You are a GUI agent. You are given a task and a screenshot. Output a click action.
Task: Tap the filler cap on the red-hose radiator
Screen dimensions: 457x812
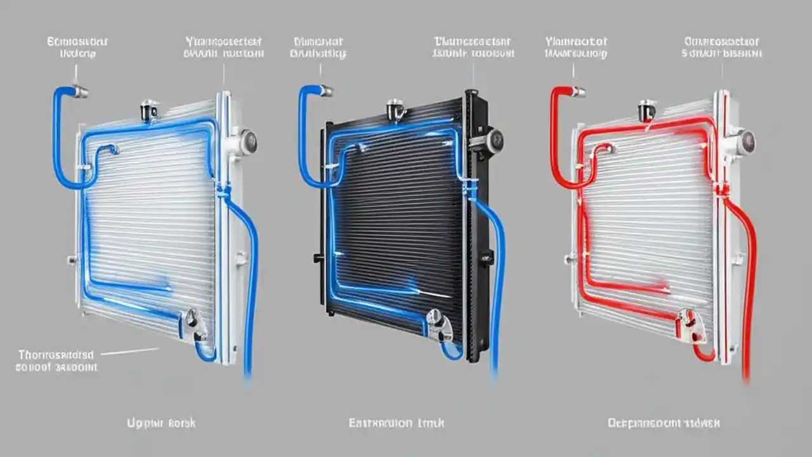pos(646,111)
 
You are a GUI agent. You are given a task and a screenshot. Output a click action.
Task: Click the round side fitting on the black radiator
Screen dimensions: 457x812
pos(495,139)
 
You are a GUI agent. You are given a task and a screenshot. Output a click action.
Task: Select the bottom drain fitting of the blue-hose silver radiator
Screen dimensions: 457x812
pos(190,321)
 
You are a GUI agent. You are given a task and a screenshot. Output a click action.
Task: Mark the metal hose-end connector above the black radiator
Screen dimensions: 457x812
pos(325,92)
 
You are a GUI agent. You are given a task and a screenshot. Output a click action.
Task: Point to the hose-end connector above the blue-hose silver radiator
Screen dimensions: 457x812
pos(80,92)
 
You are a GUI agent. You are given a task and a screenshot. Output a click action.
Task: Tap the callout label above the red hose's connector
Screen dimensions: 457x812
pos(575,48)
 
